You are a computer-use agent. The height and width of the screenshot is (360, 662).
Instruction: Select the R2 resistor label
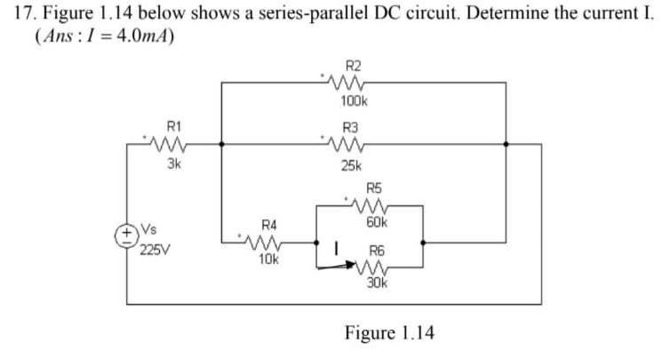[x=353, y=66]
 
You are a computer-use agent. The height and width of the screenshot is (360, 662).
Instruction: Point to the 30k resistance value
[x=377, y=284]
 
